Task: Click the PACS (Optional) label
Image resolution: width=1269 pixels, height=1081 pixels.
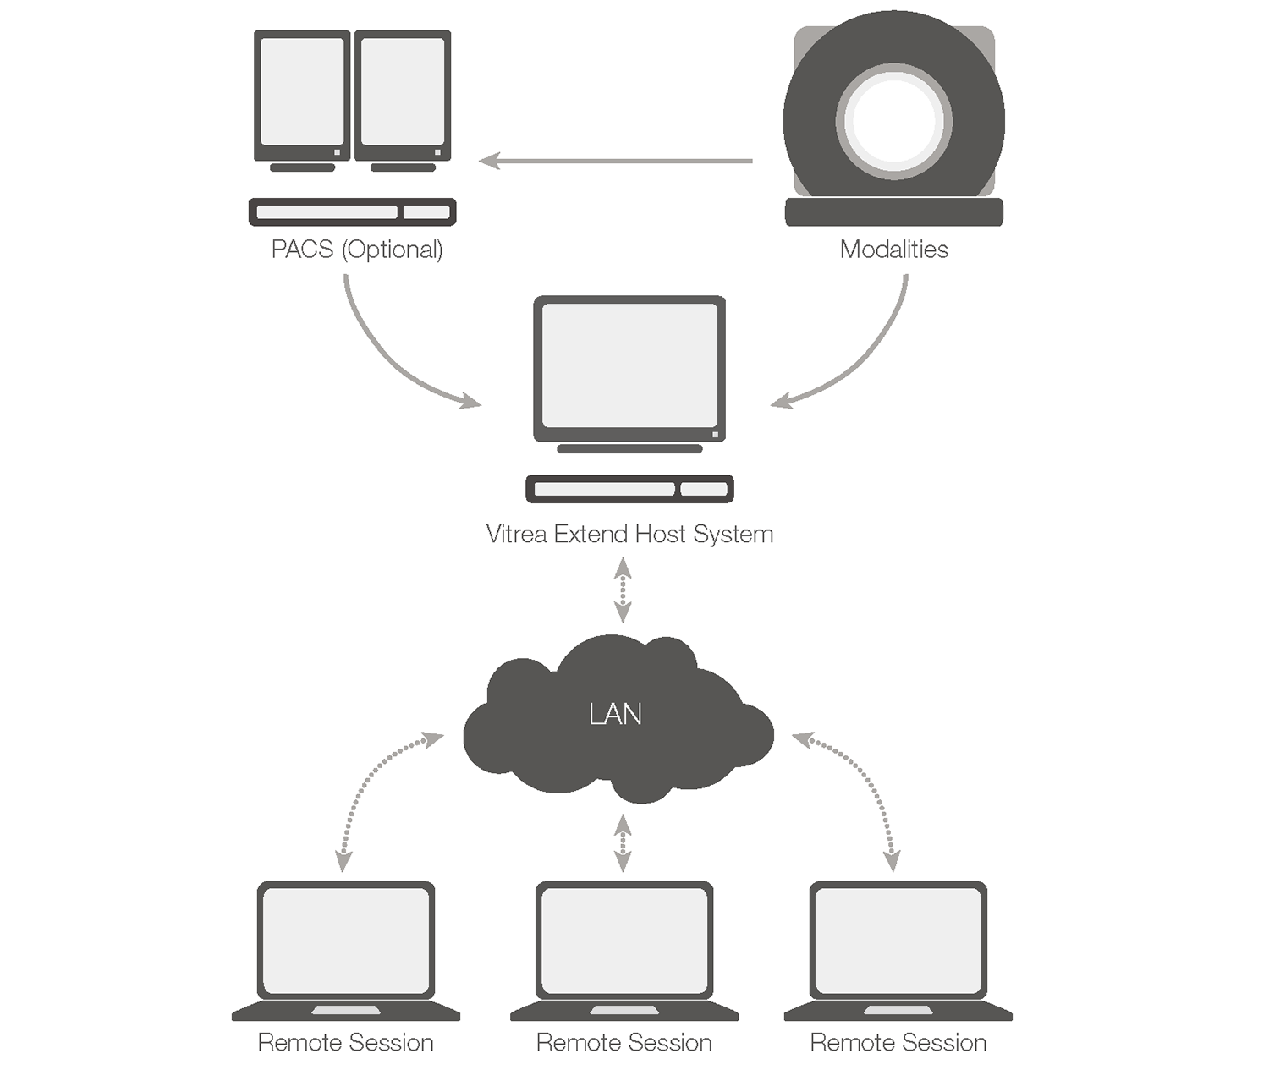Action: tap(356, 250)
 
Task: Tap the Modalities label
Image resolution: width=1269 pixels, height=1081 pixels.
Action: tap(893, 250)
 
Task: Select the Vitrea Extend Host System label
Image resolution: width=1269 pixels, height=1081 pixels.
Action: tap(629, 535)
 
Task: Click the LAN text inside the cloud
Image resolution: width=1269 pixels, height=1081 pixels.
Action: tap(615, 715)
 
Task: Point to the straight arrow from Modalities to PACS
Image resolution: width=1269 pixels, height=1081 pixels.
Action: tap(616, 160)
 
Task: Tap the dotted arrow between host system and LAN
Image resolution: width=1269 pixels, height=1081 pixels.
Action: tap(623, 590)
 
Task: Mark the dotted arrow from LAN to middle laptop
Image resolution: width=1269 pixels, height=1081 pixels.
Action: tap(623, 842)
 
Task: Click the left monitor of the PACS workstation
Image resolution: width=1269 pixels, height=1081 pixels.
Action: tap(302, 92)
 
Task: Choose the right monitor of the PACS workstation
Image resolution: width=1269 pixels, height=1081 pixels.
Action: tap(403, 92)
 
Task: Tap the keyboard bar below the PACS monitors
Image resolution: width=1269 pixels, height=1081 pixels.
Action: tap(352, 211)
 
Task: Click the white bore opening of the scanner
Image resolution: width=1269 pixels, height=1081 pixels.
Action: tap(893, 119)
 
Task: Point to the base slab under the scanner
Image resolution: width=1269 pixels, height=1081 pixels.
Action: tap(893, 212)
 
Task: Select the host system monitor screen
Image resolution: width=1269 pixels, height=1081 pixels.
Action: tap(629, 365)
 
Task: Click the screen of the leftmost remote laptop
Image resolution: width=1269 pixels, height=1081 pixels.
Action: tap(345, 941)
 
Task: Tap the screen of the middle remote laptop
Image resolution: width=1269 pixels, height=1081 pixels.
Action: tap(624, 941)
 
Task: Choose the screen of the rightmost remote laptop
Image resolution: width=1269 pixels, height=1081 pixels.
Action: tap(898, 941)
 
